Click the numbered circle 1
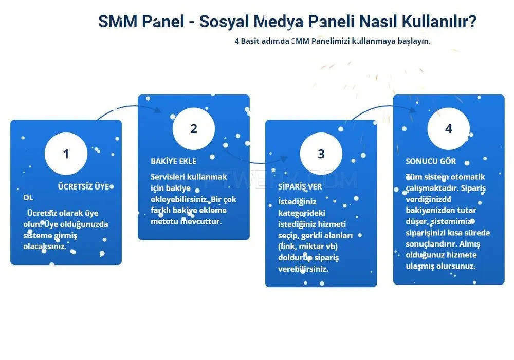[x=66, y=154]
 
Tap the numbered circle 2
[x=194, y=128]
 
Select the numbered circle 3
[x=321, y=154]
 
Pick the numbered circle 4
[x=448, y=128]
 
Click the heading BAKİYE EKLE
[x=173, y=161]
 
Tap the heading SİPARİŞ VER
[x=300, y=186]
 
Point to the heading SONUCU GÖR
[x=431, y=161]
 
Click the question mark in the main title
[x=472, y=21]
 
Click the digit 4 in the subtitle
[x=236, y=41]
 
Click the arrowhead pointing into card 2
[x=158, y=110]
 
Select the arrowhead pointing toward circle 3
[x=284, y=159]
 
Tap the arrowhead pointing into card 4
[x=412, y=109]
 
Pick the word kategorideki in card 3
[x=302, y=213]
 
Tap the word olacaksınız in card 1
[x=45, y=247]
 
